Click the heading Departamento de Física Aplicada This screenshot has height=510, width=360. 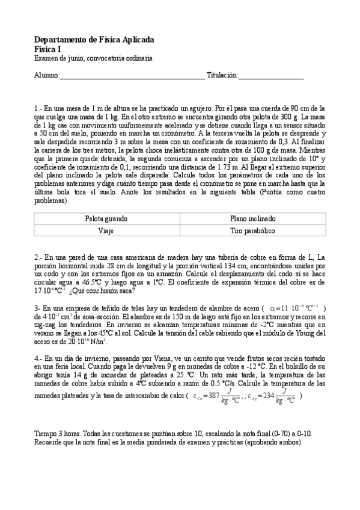click(94, 40)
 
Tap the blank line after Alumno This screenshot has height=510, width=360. click(132, 76)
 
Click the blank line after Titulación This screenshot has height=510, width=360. click(271, 76)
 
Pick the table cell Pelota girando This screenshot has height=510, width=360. click(106, 220)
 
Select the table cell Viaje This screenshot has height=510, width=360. click(106, 230)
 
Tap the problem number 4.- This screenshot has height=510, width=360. click(38, 358)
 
